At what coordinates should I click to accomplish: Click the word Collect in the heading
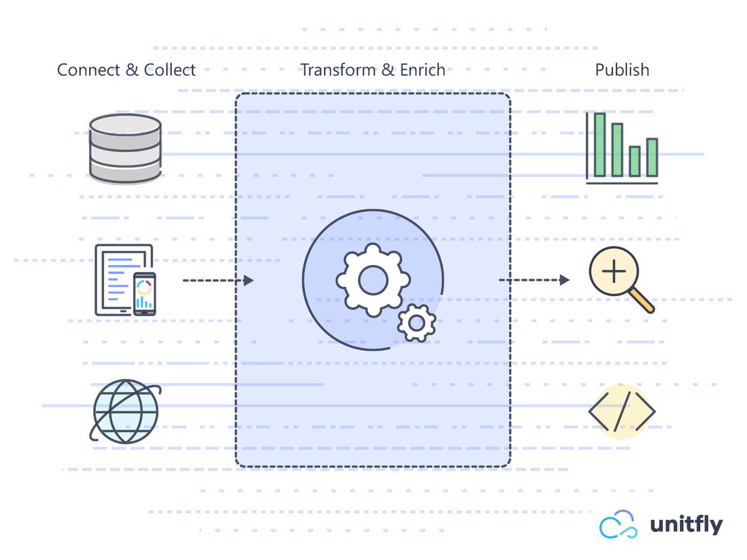tap(170, 70)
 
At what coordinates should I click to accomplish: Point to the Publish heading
tap(622, 70)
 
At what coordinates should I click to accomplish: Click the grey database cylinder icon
tap(125, 148)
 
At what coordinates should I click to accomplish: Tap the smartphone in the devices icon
tap(144, 293)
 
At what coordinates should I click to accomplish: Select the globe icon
tap(126, 411)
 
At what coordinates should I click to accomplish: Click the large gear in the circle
tap(373, 279)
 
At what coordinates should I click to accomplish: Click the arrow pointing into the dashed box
tap(218, 281)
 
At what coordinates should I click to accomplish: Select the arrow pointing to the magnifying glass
tap(534, 281)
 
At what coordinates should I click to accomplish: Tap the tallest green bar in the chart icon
tap(599, 144)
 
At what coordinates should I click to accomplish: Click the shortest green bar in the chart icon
tap(634, 161)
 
